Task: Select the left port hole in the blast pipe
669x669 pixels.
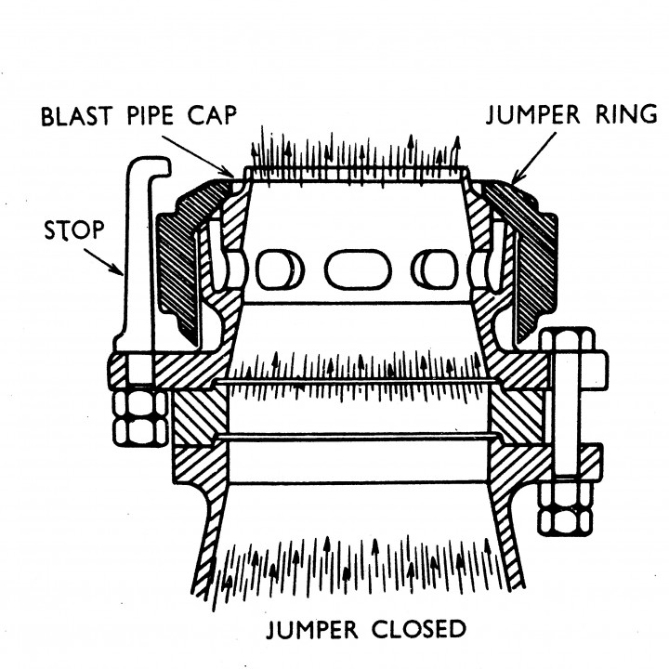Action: click(275, 269)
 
